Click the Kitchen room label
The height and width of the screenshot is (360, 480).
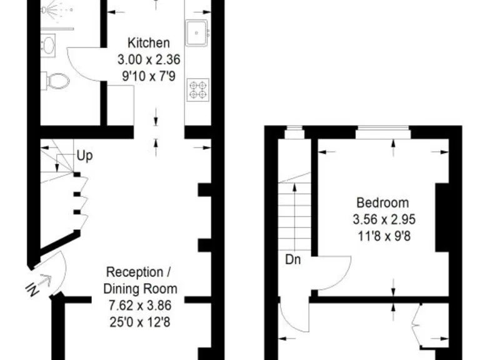[148, 43]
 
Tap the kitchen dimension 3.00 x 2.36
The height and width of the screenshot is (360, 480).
[148, 60]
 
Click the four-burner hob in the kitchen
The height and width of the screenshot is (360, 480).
[198, 89]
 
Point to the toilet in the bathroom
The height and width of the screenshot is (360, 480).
[57, 81]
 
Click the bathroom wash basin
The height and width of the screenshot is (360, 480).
[47, 44]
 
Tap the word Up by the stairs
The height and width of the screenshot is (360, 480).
[85, 156]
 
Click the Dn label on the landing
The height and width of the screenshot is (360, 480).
[292, 259]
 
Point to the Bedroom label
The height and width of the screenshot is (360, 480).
[382, 202]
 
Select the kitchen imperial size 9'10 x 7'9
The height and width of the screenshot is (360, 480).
[148, 77]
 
